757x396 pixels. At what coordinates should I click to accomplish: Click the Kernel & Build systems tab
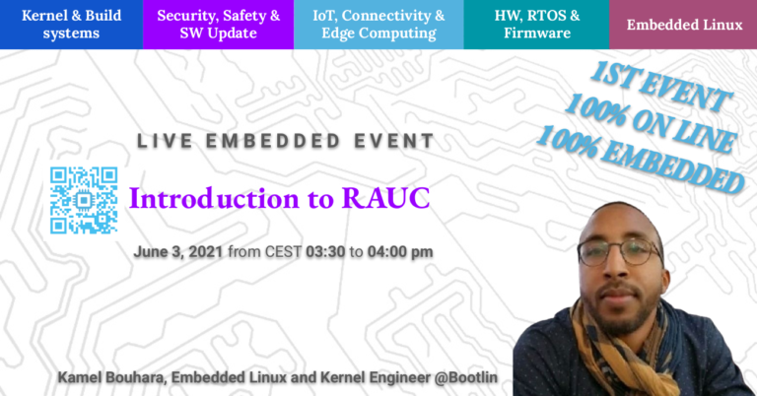point(71,24)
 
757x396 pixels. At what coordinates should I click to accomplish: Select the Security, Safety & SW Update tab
point(218,24)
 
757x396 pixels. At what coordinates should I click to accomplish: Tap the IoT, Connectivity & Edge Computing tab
point(378,24)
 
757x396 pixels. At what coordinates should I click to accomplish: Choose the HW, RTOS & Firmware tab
point(536,24)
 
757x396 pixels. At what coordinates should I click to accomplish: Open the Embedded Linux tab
point(683,24)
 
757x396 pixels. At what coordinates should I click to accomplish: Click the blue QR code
point(84,200)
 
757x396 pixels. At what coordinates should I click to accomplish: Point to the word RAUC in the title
point(385,198)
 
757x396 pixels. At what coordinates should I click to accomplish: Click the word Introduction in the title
point(214,198)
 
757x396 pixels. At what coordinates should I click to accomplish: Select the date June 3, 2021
point(178,252)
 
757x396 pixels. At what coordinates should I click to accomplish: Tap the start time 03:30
point(325,252)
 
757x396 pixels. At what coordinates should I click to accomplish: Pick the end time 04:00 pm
point(400,252)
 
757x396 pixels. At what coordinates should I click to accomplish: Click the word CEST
point(283,252)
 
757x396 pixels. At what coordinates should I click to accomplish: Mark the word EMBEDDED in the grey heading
point(273,141)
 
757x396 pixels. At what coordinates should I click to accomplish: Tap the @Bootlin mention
point(466,377)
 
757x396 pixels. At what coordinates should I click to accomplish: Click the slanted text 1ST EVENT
point(661,88)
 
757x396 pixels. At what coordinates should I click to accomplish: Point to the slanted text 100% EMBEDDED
point(640,160)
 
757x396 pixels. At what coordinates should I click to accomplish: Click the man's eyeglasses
point(620,252)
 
